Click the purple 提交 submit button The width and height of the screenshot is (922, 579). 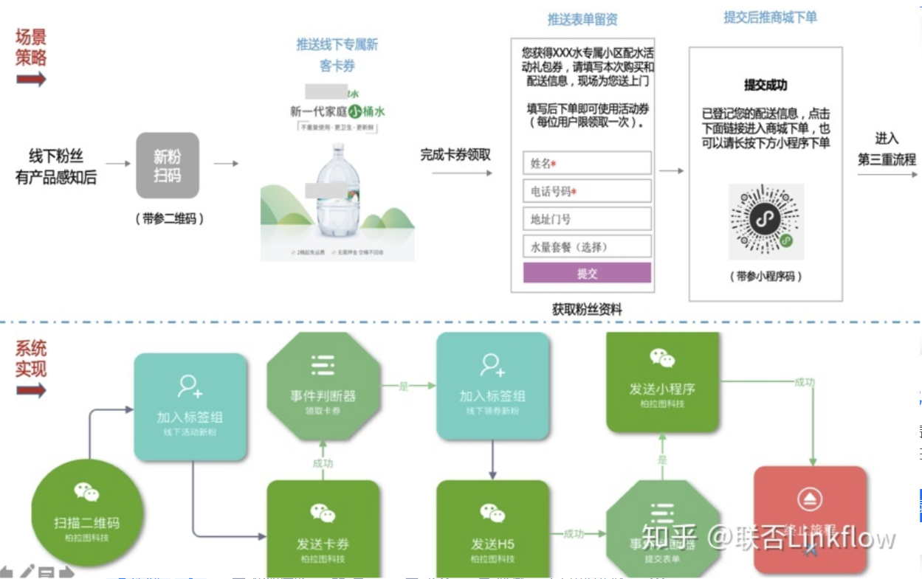click(587, 274)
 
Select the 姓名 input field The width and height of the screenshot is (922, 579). click(587, 163)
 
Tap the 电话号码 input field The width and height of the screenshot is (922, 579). click(587, 191)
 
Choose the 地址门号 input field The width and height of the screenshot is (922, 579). click(587, 219)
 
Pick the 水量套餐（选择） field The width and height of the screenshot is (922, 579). click(587, 246)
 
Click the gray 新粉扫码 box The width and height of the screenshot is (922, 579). click(168, 166)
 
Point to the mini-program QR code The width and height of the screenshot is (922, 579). click(766, 221)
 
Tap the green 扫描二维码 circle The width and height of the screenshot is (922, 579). click(87, 513)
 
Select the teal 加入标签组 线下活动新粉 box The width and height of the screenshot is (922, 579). click(190, 407)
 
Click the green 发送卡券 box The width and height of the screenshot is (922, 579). click(323, 527)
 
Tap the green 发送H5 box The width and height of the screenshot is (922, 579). click(492, 527)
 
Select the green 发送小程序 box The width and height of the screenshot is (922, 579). click(662, 381)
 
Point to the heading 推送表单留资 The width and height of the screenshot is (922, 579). click(582, 19)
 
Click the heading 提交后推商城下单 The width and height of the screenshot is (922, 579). click(770, 17)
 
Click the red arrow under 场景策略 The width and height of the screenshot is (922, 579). click(31, 79)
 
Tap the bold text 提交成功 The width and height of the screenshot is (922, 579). click(766, 86)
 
